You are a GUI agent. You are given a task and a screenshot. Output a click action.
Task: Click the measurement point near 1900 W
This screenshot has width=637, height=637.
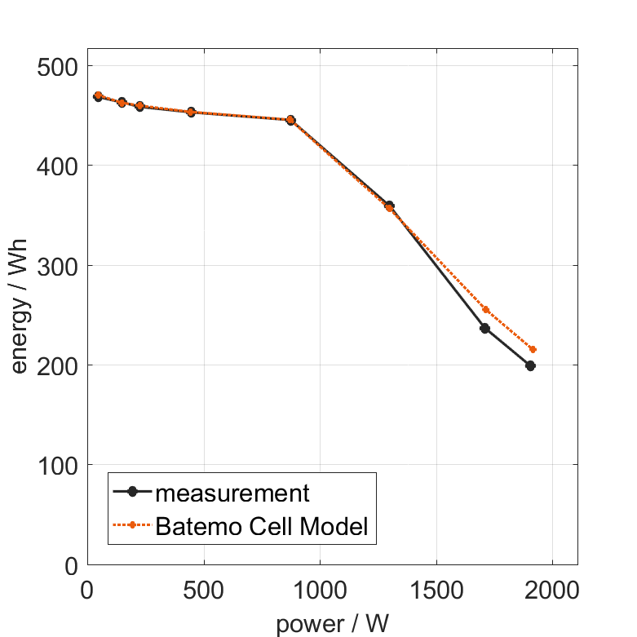530,365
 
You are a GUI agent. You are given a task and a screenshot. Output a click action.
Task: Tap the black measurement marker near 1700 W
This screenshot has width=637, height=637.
484,328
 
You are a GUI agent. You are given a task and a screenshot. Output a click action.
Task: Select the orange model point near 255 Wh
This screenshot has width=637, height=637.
486,309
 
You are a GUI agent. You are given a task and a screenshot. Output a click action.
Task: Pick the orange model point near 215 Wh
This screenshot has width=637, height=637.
533,349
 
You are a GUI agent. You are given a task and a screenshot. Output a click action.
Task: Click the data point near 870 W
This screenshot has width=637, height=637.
290,120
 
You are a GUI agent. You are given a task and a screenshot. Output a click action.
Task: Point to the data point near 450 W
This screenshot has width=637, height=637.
191,112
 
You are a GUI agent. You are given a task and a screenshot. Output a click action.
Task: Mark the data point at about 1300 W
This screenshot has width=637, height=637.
389,206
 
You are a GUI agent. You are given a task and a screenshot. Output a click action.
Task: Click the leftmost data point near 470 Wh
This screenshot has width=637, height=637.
98,96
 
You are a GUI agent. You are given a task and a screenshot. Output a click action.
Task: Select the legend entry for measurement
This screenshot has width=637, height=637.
232,493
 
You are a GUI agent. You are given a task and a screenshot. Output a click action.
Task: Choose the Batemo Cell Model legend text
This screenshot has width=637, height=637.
261,526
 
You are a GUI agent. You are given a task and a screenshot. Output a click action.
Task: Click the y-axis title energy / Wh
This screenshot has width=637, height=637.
19,307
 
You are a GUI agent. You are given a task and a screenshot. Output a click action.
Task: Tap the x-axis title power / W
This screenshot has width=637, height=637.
332,624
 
